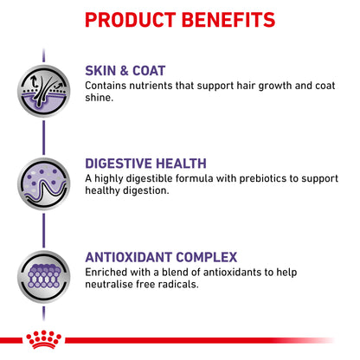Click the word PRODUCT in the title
click(131, 20)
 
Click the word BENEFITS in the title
click(228, 20)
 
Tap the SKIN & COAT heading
click(125, 71)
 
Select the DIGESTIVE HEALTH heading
click(145, 164)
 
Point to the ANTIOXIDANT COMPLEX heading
click(161, 257)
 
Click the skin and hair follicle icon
click(43, 91)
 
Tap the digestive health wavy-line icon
click(43, 183)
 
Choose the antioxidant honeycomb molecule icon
click(43, 277)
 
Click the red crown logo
click(43, 339)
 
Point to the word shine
click(99, 98)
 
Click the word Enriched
click(106, 272)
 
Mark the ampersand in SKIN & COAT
click(125, 71)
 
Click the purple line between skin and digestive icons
click(43, 138)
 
